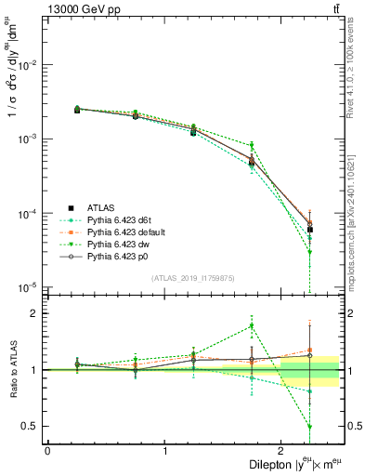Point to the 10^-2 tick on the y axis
[30, 65]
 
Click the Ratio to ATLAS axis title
[11, 369]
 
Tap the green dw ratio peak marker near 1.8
[252, 325]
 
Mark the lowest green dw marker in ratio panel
[310, 427]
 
